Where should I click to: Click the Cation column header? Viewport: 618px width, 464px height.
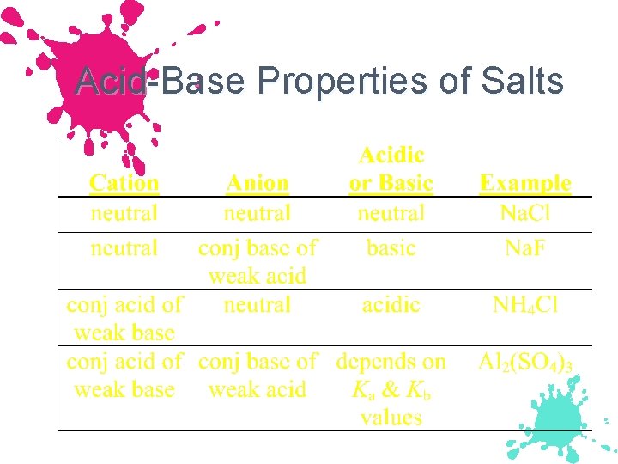124,183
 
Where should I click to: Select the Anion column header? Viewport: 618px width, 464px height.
257,183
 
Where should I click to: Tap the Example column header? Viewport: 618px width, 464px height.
525,183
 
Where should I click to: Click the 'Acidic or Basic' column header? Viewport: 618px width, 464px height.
391,169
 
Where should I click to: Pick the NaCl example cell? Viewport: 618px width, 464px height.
525,212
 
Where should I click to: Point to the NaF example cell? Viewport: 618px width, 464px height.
525,248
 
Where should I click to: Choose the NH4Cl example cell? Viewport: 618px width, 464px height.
525,305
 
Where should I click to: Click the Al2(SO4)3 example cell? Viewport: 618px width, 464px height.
525,362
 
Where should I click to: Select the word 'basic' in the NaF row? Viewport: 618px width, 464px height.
391,248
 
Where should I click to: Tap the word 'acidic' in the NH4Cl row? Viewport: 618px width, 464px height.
391,305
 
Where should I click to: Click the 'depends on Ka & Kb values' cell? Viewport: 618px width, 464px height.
391,389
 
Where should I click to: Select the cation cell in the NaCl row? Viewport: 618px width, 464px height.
124,212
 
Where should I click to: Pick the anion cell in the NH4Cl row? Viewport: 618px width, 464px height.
257,305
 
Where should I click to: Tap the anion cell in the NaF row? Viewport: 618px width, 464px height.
257,261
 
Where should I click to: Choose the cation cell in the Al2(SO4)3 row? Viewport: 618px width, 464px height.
124,375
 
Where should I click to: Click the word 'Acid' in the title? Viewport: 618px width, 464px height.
108,82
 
